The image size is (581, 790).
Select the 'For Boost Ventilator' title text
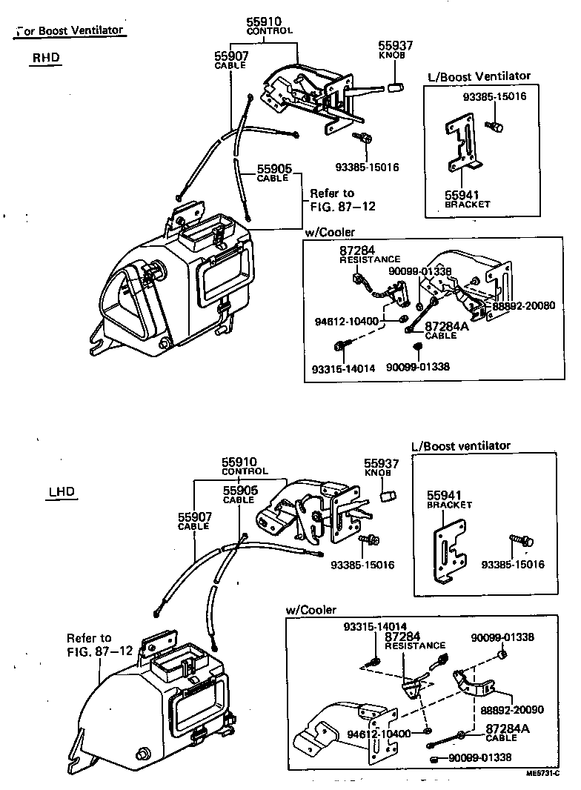tap(70, 30)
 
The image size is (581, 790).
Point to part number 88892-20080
tap(522, 305)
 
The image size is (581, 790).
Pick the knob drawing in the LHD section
tap(385, 494)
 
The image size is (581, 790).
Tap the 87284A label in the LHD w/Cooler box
tap(508, 729)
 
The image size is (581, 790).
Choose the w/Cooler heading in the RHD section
tap(329, 233)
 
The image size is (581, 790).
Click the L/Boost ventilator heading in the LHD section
tap(460, 445)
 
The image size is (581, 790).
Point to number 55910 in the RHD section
tap(268, 21)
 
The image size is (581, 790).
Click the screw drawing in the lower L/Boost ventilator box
tap(519, 542)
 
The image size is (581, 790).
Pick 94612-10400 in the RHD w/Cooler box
tap(346, 322)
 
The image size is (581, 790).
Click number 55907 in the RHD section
tap(231, 56)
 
